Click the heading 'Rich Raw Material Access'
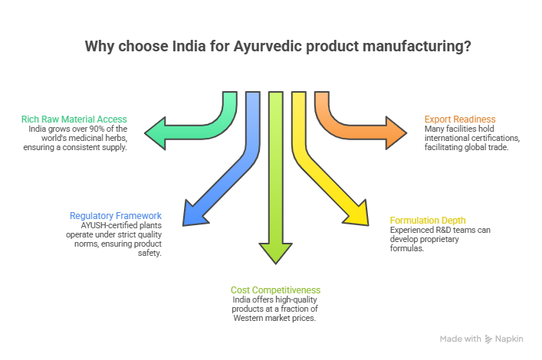pyautogui.click(x=74, y=119)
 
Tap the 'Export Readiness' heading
pyautogui.click(x=460, y=119)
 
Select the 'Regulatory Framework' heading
pyautogui.click(x=116, y=216)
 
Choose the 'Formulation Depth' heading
pyautogui.click(x=428, y=221)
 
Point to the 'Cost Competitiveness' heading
pyautogui.click(x=275, y=290)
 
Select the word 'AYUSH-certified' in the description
pyautogui.click(x=105, y=226)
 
